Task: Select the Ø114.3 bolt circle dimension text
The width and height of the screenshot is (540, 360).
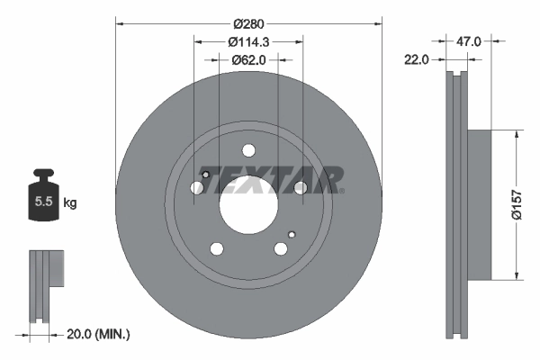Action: (x=249, y=41)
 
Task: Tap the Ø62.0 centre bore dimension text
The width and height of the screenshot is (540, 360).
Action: (x=249, y=60)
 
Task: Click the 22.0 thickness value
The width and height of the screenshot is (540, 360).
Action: (x=416, y=59)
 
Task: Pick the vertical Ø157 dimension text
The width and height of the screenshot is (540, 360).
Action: (x=517, y=205)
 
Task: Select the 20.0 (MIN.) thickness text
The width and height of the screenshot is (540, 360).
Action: (x=99, y=334)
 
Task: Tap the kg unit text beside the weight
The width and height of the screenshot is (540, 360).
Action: (x=70, y=202)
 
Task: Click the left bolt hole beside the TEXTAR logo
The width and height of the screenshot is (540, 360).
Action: (x=198, y=188)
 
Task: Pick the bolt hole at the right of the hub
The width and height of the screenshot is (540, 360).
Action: (x=301, y=187)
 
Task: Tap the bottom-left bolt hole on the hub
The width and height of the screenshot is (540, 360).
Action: (x=217, y=249)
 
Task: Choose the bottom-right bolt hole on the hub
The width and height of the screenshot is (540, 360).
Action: (x=281, y=249)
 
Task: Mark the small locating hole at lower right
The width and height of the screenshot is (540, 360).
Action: (x=291, y=235)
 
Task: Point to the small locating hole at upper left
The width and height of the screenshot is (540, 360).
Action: (x=206, y=175)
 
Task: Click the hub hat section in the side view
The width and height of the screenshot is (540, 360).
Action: (x=478, y=205)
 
